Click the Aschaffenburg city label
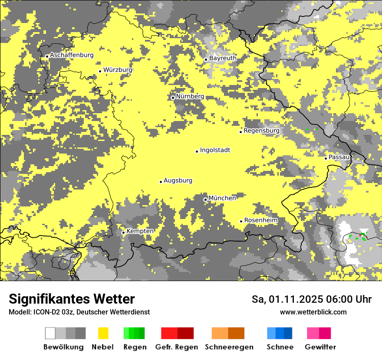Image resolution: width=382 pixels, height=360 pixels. point(72,55)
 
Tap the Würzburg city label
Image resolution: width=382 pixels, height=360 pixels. point(118,70)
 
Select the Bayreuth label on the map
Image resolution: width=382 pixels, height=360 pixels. point(223,58)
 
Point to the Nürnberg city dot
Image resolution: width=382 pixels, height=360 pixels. point(173,98)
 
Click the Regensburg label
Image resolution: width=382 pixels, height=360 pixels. point(261,131)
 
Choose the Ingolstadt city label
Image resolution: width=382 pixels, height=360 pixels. point(215,151)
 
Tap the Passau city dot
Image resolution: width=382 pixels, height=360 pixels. point(326,158)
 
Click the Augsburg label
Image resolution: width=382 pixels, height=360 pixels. point(178,181)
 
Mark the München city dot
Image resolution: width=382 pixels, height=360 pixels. point(205,200)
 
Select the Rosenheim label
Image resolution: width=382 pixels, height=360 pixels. point(260,220)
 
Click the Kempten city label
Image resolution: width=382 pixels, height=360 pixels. point(140,231)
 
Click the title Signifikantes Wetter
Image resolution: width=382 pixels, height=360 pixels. point(72,299)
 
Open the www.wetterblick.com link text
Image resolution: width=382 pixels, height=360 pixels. point(313,312)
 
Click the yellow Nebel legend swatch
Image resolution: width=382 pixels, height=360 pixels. point(103,333)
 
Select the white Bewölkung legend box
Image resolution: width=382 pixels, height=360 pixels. point(50,333)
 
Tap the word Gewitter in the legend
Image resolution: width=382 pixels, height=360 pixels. point(320,347)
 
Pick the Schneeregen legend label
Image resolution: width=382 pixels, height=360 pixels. point(229,347)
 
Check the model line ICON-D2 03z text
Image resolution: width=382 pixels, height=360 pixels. point(79,312)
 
